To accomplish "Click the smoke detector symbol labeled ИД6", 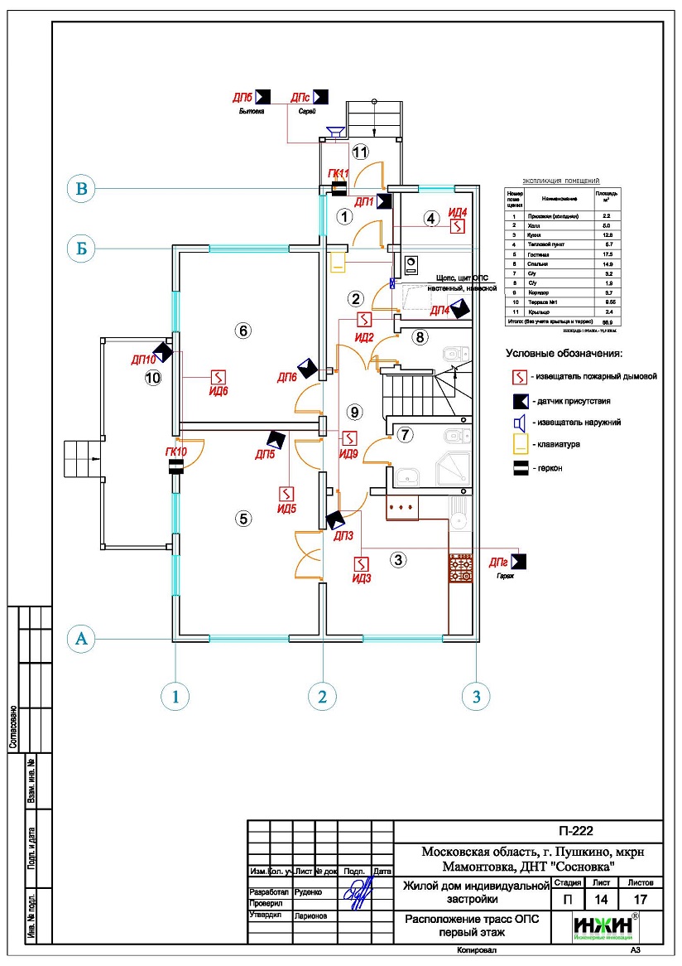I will coord(219,377).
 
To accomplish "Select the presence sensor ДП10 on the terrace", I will coord(162,351).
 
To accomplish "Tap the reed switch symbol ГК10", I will coord(176,467).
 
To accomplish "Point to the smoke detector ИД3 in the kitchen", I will coord(361,564).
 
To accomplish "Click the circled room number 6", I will coord(243,331).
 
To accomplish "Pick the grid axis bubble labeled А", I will coord(81,639).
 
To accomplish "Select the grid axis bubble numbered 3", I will coord(476,697).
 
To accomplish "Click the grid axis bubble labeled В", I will coord(81,190).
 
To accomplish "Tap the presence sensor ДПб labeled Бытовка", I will coord(264,96).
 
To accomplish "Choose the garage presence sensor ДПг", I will coord(519,562).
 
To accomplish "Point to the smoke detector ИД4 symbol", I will coord(458,225).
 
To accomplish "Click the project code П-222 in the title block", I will coord(572,832).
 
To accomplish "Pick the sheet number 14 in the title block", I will coord(601,898).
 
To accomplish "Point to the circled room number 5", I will coord(243,519).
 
